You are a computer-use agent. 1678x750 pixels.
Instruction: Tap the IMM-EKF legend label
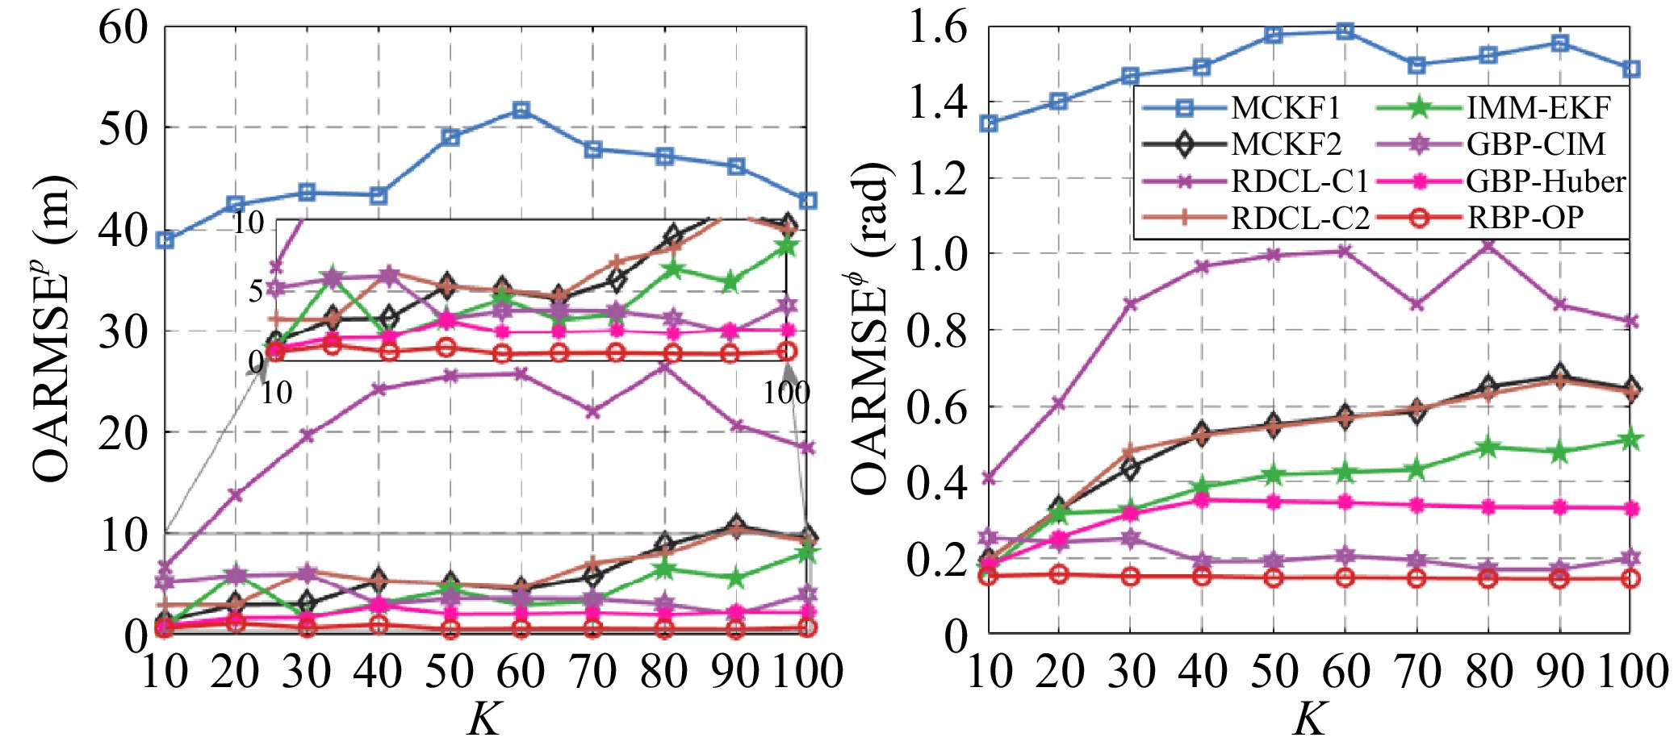point(1538,107)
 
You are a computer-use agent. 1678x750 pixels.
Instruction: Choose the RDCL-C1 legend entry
point(1299,181)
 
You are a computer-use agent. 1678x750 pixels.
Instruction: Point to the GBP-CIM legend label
point(1535,144)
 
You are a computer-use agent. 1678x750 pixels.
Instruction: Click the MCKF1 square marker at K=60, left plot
point(521,110)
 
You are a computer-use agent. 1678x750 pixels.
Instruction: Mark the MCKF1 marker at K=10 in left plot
point(165,240)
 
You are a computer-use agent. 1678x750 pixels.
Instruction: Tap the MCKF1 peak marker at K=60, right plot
point(1345,31)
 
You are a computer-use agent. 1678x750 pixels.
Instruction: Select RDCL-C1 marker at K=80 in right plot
point(1488,244)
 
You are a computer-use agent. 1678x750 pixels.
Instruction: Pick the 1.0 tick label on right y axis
point(937,255)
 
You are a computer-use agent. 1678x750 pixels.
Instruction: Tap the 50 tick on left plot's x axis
point(450,671)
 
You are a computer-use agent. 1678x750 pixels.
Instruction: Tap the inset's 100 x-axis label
point(786,393)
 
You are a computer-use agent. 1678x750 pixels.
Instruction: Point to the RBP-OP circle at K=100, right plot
point(1630,578)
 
